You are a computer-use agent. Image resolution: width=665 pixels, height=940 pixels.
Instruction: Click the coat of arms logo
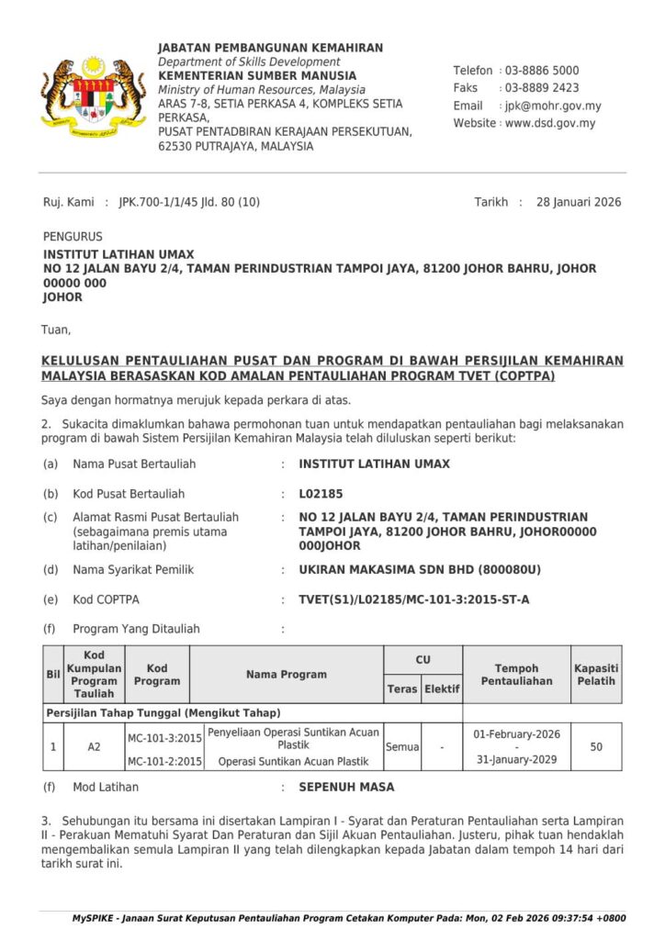pos(93,95)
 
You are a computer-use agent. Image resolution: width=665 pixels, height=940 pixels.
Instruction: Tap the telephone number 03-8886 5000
pos(541,71)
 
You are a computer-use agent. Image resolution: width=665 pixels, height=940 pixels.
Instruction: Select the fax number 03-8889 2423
pos(541,88)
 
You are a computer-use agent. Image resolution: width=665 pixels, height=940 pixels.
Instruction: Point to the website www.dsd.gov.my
pos(549,123)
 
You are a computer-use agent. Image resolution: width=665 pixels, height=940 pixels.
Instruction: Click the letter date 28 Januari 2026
pos(579,202)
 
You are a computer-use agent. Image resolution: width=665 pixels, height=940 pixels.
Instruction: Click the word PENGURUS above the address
pos(73,237)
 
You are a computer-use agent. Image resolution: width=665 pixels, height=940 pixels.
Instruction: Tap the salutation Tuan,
pos(56,329)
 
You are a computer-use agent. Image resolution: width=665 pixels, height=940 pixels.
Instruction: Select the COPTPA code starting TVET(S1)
pos(413,600)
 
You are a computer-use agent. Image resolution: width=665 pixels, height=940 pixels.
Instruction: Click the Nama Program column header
pos(286,675)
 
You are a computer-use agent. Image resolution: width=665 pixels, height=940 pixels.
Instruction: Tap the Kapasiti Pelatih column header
pos(596,675)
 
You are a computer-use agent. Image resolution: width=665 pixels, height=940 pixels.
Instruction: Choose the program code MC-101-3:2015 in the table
pos(164,737)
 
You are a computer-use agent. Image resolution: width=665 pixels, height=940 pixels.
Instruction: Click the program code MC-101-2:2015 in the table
pos(164,761)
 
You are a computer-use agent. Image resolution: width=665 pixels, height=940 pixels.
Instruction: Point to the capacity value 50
pos(596,747)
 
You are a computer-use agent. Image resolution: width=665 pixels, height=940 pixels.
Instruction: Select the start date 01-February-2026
pos(516,734)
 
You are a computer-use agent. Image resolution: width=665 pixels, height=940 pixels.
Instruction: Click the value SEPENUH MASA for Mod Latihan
pos(346,788)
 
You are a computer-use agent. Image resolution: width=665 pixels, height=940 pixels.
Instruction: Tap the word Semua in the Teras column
pos(402,747)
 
